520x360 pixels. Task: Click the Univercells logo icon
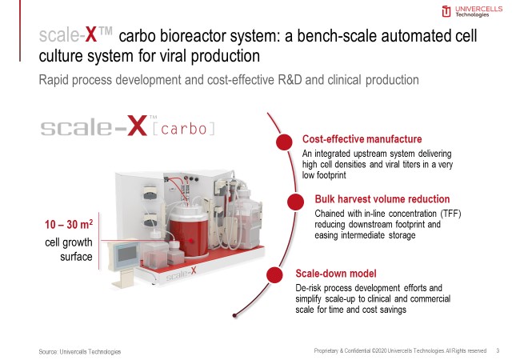(446, 11)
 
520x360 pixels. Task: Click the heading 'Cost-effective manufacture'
(362, 139)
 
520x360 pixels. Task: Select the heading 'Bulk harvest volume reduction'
(382, 199)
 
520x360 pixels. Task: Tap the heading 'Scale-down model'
(336, 274)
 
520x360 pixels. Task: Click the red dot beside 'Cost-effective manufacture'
(284, 142)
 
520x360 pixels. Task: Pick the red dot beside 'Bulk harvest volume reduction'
(295, 202)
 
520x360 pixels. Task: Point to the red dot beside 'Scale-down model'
(274, 275)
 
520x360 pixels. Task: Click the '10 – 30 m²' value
(69, 224)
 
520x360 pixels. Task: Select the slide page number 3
(498, 350)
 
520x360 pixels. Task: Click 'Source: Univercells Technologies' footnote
(79, 352)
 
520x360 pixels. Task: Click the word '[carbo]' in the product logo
(184, 129)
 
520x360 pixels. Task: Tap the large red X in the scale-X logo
(137, 126)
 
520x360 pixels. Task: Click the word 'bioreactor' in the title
(194, 36)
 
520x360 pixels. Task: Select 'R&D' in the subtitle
(290, 80)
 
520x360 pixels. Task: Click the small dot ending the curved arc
(234, 315)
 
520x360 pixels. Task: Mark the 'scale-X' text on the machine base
(181, 274)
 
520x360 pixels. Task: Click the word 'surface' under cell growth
(76, 257)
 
